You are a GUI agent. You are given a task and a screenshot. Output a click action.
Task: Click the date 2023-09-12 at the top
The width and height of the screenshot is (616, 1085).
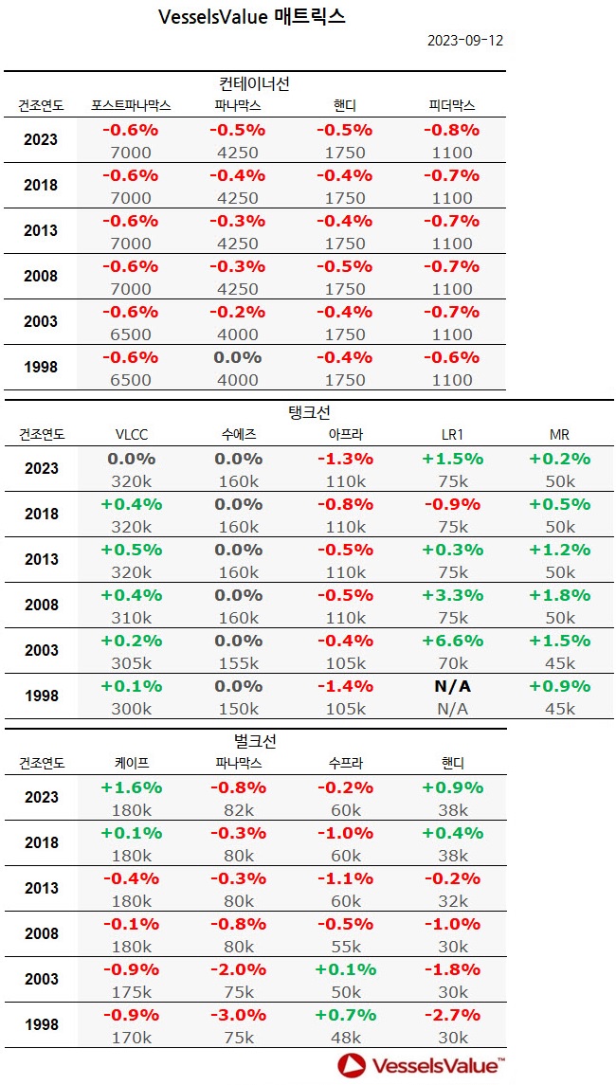[464, 41]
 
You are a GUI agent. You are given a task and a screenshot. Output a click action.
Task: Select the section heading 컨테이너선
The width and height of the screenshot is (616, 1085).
[254, 83]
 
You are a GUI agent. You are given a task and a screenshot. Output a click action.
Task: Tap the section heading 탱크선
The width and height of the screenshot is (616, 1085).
[308, 412]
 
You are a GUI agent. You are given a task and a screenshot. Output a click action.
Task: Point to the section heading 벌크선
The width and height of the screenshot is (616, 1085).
[254, 741]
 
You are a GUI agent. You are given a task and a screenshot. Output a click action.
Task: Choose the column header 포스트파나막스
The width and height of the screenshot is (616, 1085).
[131, 105]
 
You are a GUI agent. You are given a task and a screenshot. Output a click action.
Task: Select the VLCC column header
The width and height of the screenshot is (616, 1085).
[131, 434]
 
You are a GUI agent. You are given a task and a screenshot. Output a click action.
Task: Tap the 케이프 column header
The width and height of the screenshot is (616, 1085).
[131, 763]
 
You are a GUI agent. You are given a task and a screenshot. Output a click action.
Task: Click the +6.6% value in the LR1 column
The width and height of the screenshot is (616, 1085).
[452, 641]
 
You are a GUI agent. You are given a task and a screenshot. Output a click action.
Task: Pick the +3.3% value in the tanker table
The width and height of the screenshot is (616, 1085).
[452, 595]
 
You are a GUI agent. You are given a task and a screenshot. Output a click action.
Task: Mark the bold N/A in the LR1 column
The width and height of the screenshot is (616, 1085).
[452, 686]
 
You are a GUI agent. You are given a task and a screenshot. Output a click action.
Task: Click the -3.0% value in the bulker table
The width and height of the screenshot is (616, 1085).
[238, 1015]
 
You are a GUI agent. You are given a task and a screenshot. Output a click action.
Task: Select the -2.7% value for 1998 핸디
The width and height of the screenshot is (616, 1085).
[452, 1015]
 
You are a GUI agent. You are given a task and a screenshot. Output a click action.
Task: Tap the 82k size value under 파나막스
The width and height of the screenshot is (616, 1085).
[238, 810]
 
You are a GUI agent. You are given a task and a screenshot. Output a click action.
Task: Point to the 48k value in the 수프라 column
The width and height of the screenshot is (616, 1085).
[345, 1038]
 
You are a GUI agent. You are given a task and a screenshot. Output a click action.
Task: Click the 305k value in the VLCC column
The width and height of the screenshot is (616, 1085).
[131, 663]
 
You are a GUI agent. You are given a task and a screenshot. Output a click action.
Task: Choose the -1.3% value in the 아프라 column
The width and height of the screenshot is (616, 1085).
[345, 459]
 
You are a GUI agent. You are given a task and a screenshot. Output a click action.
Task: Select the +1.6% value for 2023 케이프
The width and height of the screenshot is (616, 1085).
[131, 787]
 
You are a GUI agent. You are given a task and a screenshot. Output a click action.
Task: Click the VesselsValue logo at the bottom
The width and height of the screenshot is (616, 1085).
[422, 1065]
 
